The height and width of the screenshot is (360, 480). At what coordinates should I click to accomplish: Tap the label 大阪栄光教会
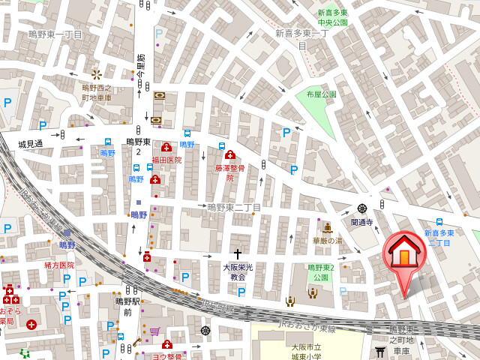tap(238, 271)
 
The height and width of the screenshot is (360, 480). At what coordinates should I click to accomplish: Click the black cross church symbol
tap(238, 254)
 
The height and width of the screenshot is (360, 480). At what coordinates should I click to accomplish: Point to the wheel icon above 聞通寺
tap(362, 208)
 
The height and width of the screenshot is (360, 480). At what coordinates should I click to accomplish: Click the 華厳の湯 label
tap(327, 241)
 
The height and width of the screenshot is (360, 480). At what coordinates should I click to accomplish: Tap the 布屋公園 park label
tap(321, 94)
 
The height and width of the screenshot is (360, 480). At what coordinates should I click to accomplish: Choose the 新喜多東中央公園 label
tap(332, 18)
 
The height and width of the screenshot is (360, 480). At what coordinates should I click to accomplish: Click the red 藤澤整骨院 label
tap(230, 173)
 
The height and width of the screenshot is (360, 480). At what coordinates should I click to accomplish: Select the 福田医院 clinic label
tap(166, 160)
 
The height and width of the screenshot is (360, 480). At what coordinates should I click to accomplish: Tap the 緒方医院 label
tap(59, 265)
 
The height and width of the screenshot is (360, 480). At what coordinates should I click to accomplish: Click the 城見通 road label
tap(31, 143)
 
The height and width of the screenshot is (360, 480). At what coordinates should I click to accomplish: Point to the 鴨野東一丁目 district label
tap(55, 34)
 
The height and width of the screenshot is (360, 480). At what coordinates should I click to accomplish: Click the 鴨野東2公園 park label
tap(321, 272)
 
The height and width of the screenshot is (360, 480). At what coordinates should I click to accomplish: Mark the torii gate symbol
tap(380, 351)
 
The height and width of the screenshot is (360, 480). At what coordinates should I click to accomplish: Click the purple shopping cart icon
tap(154, 331)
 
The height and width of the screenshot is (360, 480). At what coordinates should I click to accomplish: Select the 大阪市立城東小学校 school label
tap(307, 352)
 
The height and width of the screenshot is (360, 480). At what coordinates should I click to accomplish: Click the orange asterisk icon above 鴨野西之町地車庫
tap(96, 74)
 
